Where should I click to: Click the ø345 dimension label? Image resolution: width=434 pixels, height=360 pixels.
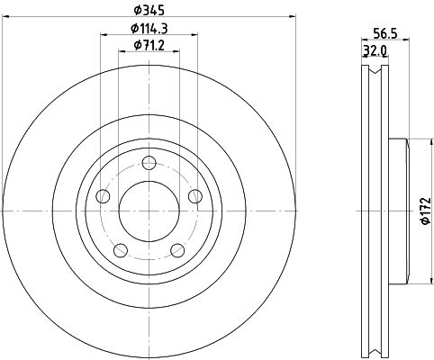click(149, 11)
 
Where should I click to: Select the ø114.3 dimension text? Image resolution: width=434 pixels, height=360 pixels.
click(149, 29)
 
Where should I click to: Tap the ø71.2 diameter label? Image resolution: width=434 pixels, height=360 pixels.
click(149, 45)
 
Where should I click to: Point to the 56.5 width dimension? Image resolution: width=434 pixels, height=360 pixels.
click(385, 33)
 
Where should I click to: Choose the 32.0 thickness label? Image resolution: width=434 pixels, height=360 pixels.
click(375, 50)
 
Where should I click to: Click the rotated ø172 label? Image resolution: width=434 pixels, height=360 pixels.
click(426, 211)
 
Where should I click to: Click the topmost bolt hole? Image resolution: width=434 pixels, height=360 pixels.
click(149, 163)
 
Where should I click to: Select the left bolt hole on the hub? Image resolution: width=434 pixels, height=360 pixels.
click(103, 196)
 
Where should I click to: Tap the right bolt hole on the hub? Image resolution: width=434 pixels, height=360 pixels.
click(195, 196)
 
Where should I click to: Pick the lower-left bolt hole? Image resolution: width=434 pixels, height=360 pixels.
click(121, 250)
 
